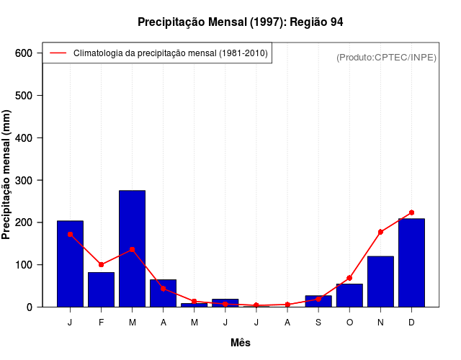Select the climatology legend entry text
tap(171, 53)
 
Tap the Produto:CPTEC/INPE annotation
tap(386, 57)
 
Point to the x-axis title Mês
tap(241, 343)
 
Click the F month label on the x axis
tap(102, 323)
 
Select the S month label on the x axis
tap(318, 323)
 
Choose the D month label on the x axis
tap(411, 323)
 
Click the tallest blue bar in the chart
tap(133, 248)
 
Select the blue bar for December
tap(411, 263)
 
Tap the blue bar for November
tap(380, 282)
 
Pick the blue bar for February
tap(102, 289)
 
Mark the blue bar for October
tap(349, 295)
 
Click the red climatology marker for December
tap(411, 212)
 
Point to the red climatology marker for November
tap(380, 232)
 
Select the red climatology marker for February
tap(102, 264)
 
